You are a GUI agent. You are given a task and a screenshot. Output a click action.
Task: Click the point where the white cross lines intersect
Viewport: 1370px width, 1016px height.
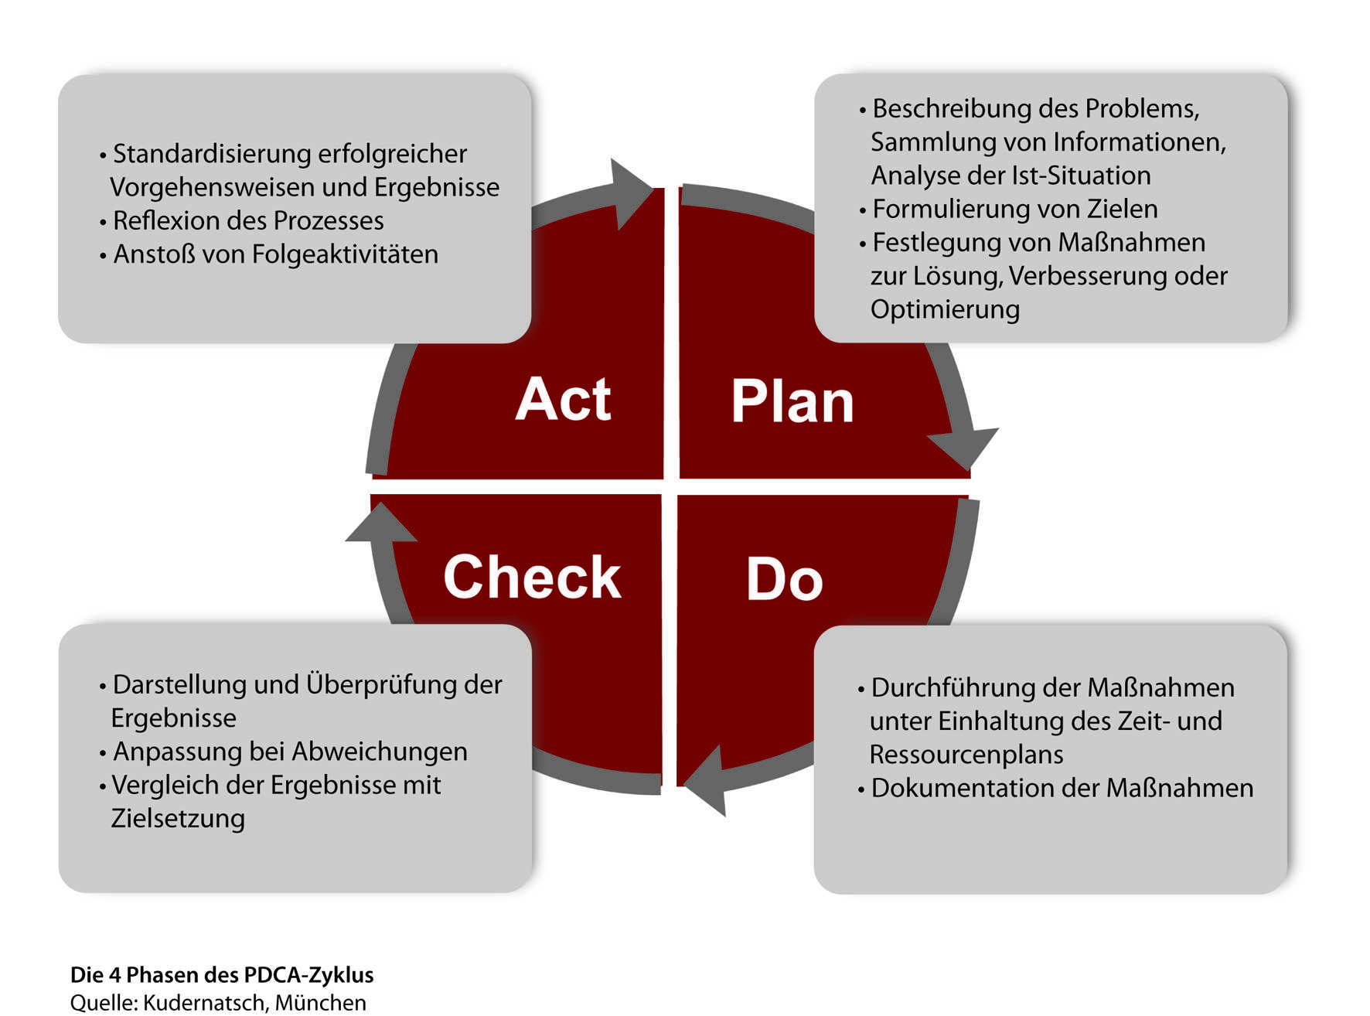[670, 487]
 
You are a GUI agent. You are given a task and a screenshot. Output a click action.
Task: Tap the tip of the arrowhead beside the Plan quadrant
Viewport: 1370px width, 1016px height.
[968, 469]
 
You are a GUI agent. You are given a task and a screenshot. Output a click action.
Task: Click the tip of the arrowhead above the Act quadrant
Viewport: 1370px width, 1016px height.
[653, 189]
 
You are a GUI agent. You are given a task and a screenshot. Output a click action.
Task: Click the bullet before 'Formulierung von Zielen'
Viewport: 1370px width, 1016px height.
[862, 210]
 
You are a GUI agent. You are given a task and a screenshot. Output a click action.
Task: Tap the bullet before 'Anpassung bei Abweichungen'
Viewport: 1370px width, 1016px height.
[103, 753]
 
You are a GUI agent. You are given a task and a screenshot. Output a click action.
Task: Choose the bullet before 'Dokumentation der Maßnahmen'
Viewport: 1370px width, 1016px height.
[861, 789]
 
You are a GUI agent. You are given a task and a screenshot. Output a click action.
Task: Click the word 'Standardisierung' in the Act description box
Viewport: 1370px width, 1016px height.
[212, 154]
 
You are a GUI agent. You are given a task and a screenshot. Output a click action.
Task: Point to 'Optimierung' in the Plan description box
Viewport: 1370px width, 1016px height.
[945, 310]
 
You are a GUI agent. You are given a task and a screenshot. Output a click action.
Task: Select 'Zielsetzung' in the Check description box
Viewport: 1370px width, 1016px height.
[178, 818]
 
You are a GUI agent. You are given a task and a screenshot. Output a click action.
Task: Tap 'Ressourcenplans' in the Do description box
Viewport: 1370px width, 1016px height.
[966, 755]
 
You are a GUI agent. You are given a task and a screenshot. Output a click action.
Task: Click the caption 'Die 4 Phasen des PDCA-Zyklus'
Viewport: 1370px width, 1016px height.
[222, 975]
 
